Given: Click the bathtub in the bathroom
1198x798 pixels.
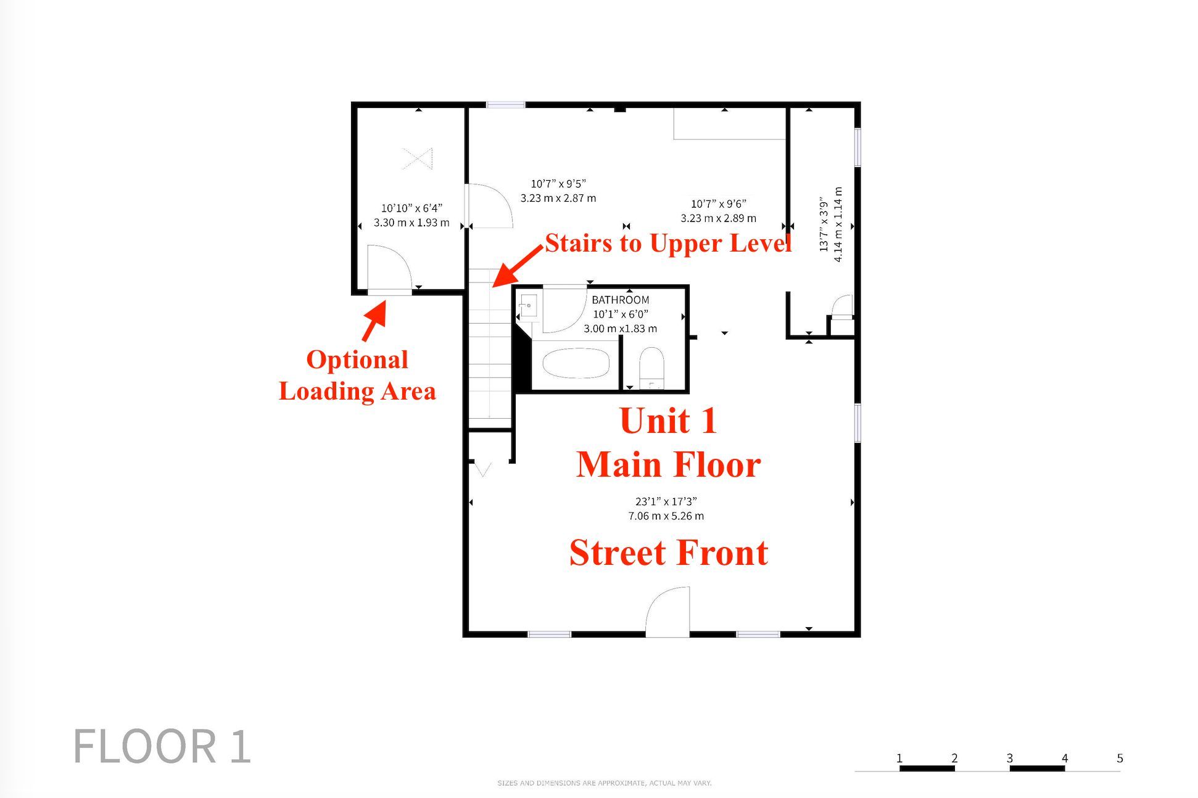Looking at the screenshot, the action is click(x=576, y=363).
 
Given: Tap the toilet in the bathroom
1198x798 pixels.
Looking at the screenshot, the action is click(x=651, y=368).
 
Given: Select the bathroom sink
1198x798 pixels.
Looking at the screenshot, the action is click(x=528, y=305).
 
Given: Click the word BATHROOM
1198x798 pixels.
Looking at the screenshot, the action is click(x=620, y=300).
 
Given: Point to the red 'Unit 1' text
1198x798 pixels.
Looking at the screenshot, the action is click(x=668, y=421).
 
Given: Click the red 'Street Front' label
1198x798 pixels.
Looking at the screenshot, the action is click(x=669, y=553).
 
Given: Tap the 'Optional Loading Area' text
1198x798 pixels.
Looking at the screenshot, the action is click(x=357, y=375).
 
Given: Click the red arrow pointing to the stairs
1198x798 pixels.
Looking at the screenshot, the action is click(x=518, y=266).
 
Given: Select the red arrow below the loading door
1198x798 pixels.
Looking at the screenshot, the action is click(x=374, y=320).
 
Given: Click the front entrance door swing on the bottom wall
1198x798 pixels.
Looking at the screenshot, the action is click(x=667, y=611).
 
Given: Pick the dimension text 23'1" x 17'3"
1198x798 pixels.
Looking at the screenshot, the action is click(x=666, y=501).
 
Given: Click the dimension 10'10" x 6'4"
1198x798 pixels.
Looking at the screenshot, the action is click(x=411, y=208).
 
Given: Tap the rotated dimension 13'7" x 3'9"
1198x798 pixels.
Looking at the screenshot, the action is click(x=824, y=224).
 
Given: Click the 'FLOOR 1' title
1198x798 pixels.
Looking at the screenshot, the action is click(x=162, y=746).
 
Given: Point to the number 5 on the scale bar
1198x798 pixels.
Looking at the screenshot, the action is click(x=1120, y=758).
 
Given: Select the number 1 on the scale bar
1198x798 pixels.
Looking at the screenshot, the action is click(x=899, y=758).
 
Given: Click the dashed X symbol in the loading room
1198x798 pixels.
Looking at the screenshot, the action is click(x=417, y=158).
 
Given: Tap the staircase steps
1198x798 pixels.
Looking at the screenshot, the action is click(x=490, y=348).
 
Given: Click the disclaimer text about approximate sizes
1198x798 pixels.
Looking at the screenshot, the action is click(x=605, y=783).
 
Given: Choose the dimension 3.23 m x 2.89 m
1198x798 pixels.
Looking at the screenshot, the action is click(x=718, y=218).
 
